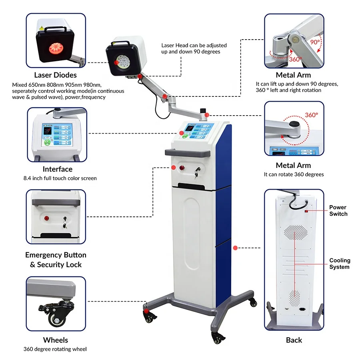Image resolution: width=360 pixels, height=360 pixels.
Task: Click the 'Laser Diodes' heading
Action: pos(55,75)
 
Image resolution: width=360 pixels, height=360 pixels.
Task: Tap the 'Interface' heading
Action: pos(58,169)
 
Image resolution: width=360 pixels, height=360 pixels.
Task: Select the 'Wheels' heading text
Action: pos(55,340)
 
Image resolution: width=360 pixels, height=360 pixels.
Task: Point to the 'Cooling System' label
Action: pos(339,264)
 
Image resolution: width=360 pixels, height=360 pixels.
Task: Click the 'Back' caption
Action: pos(294,340)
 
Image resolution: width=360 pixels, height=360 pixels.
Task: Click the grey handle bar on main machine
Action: pos(188,152)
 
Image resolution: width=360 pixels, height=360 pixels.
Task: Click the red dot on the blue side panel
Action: pos(235,248)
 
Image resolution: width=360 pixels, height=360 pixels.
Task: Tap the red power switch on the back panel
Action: pos(306,211)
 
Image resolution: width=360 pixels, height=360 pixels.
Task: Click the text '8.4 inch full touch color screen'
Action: pos(60,178)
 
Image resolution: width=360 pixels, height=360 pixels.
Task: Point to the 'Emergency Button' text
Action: pos(56,255)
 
